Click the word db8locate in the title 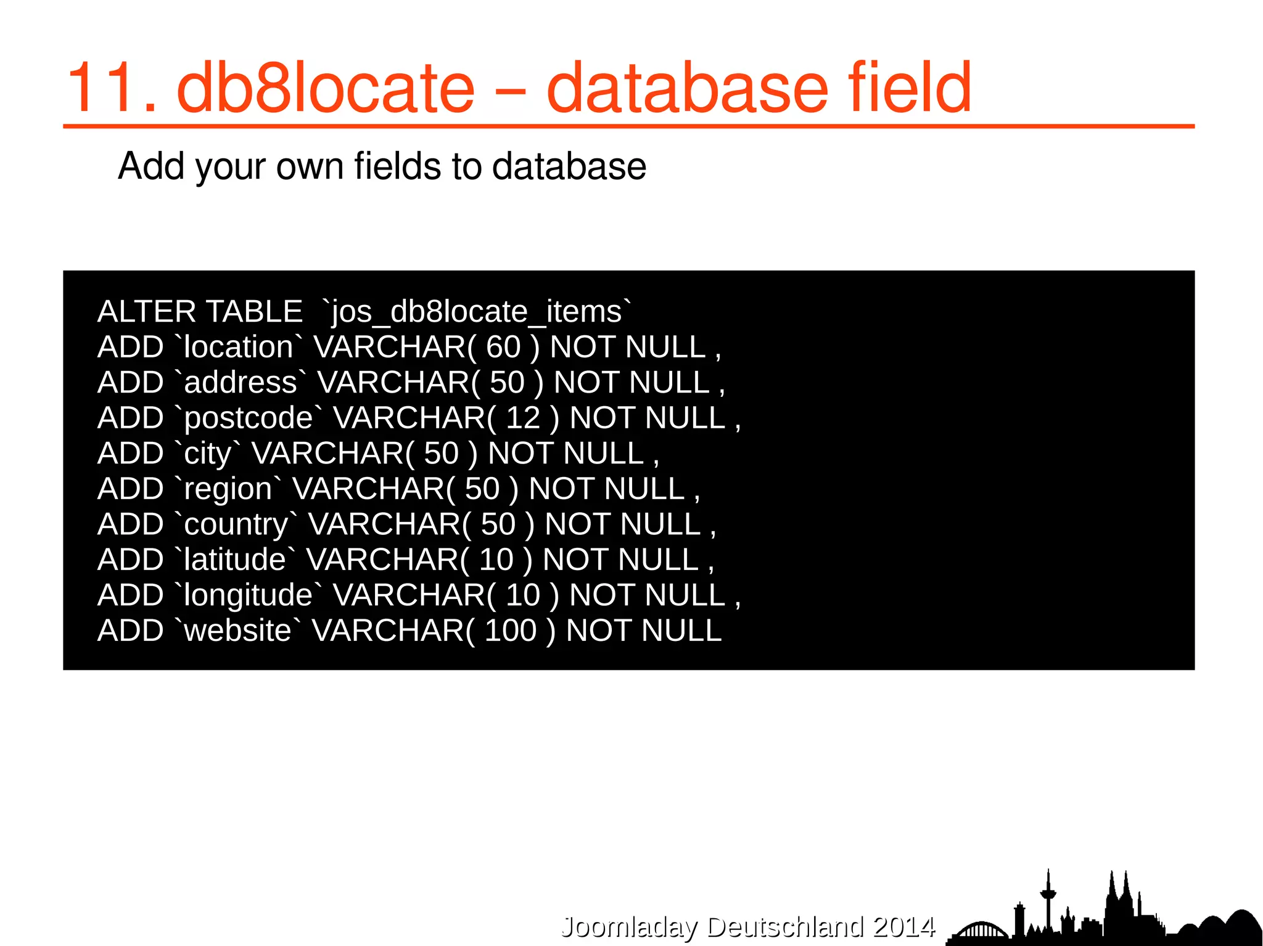[x=326, y=89]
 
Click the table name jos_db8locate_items [x=476, y=312]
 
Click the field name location [x=238, y=347]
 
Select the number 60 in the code [x=503, y=347]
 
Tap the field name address [x=241, y=383]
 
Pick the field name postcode [x=249, y=418]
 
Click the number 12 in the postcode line [x=523, y=418]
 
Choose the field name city [x=208, y=454]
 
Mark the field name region [x=228, y=489]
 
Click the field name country [x=236, y=524]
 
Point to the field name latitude [x=234, y=560]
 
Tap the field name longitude [x=248, y=595]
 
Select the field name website [x=237, y=630]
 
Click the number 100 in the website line [x=511, y=630]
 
